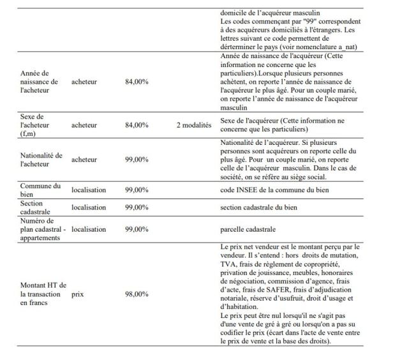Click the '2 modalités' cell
193,126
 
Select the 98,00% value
137,294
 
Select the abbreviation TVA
227,264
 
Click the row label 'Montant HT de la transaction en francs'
40,294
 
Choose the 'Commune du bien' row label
40,190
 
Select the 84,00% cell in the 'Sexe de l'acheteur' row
137,126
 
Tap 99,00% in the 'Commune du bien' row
137,190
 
